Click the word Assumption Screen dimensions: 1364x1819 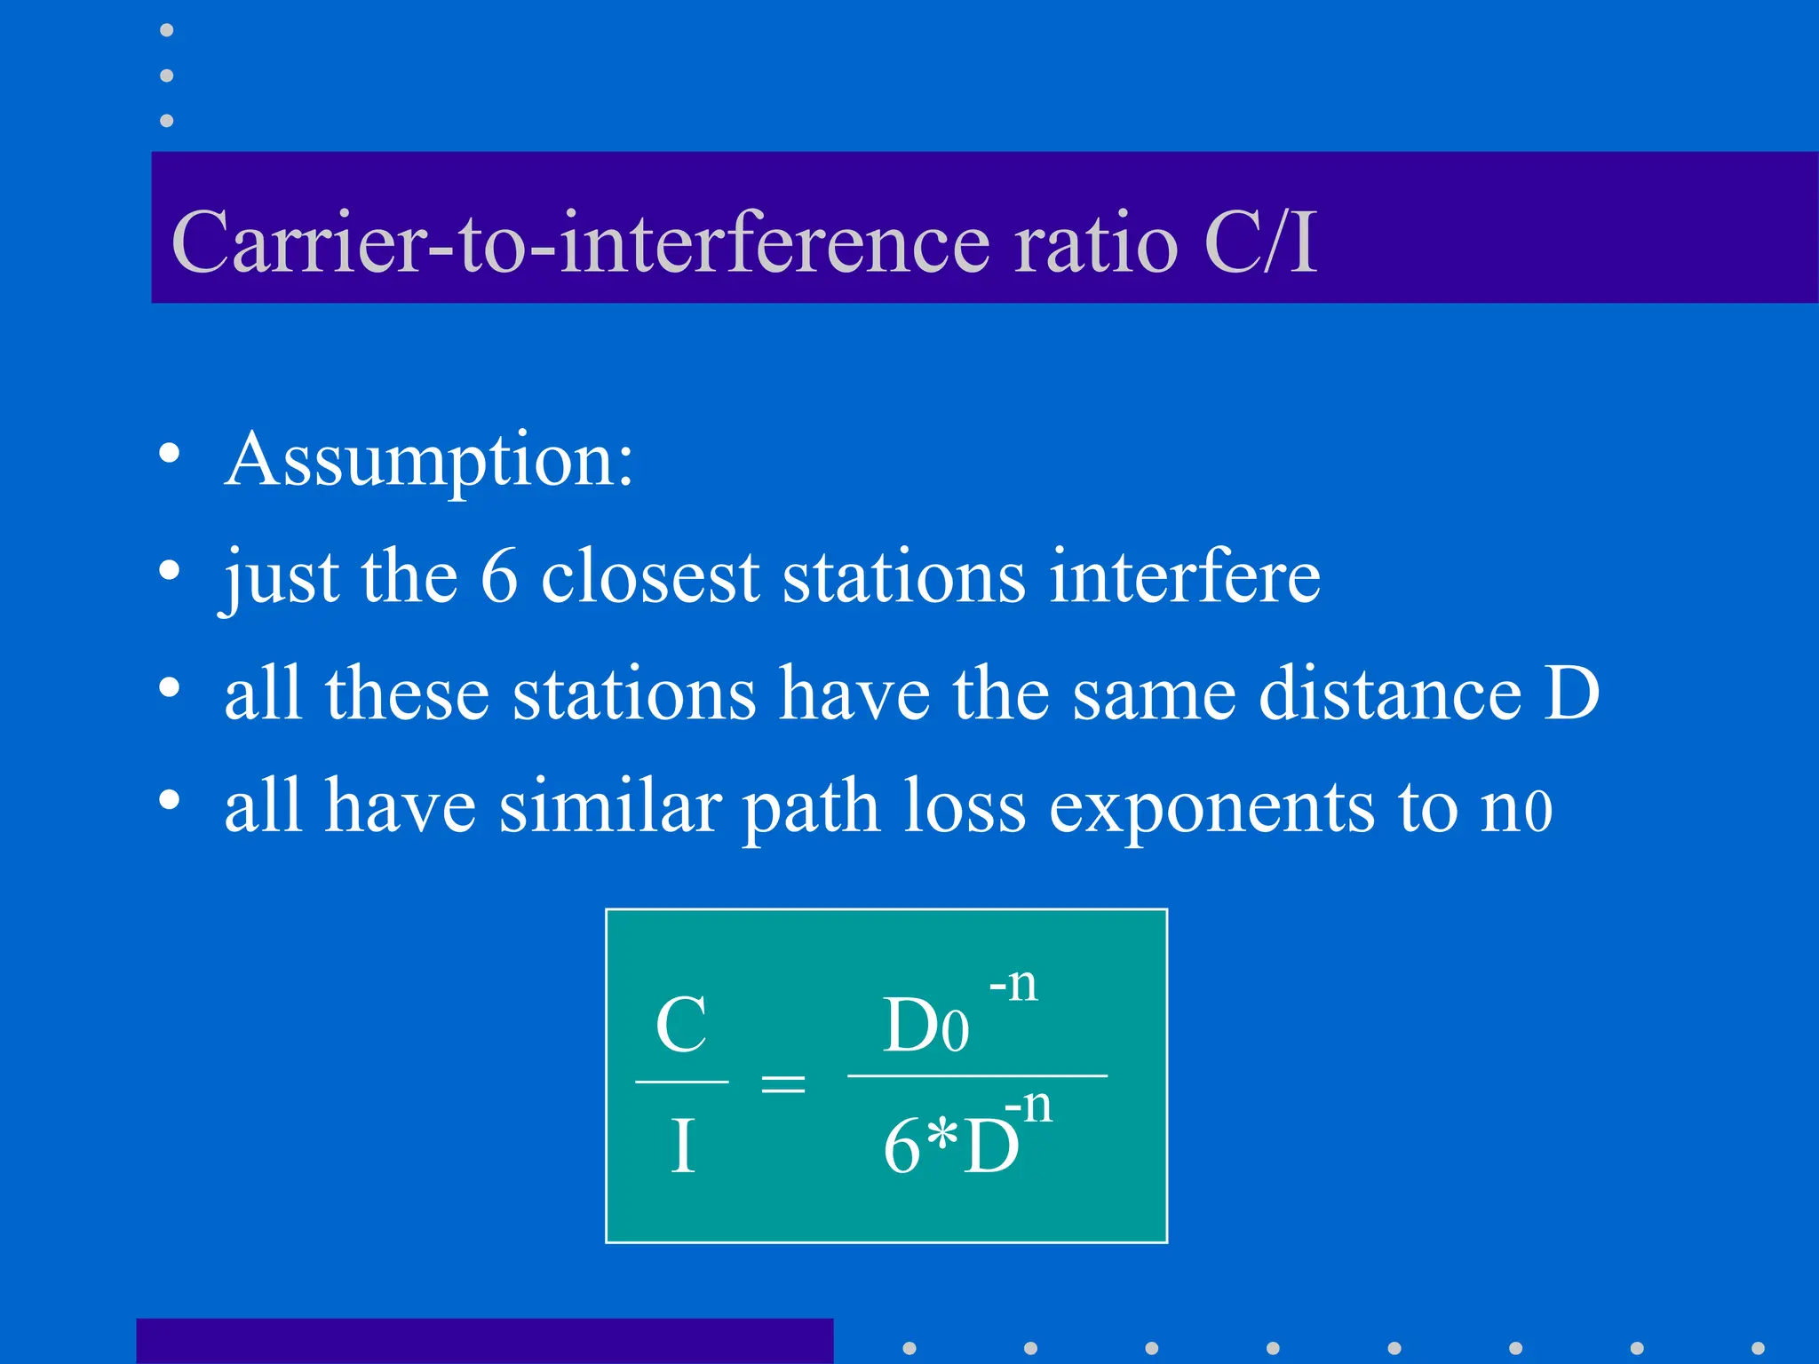pos(429,461)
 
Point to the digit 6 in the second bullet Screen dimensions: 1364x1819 pos(499,577)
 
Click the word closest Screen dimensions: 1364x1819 pos(650,577)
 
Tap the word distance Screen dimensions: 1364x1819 pos(1390,694)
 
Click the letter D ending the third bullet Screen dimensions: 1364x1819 pos(1571,694)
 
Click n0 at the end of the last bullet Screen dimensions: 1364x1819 pos(1516,808)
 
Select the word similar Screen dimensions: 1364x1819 pos(609,808)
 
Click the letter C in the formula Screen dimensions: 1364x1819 pos(681,1025)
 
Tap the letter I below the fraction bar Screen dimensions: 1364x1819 pos(682,1146)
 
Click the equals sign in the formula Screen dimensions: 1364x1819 pos(783,1083)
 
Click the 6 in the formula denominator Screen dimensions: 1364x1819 pos(902,1146)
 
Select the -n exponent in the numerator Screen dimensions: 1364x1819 pos(1013,984)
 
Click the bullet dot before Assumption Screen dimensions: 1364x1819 pos(169,455)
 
